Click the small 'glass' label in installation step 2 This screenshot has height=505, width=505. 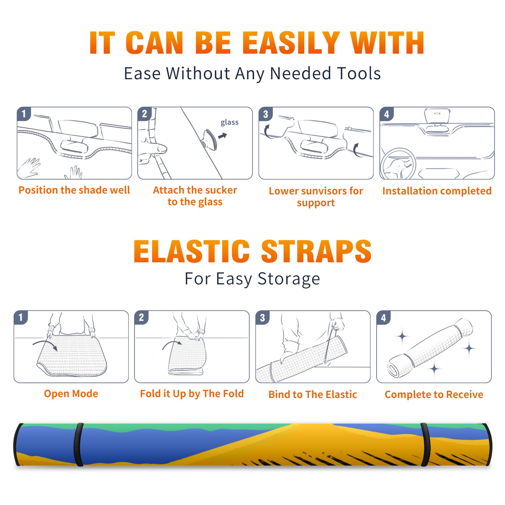tap(229, 122)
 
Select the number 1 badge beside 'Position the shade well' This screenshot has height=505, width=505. tap(24, 114)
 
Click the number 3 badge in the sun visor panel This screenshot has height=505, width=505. tap(265, 114)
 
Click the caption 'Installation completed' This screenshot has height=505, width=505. tap(437, 191)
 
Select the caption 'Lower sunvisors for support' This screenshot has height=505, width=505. tap(316, 197)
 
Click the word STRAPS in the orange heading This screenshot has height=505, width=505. tap(316, 251)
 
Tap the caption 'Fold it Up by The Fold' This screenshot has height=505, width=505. tap(192, 394)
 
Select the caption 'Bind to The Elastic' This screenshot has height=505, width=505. tap(313, 395)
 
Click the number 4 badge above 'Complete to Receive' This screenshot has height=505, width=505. tap(383, 318)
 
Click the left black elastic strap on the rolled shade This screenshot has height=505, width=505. tap(79, 445)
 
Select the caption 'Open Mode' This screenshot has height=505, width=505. tap(71, 394)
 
